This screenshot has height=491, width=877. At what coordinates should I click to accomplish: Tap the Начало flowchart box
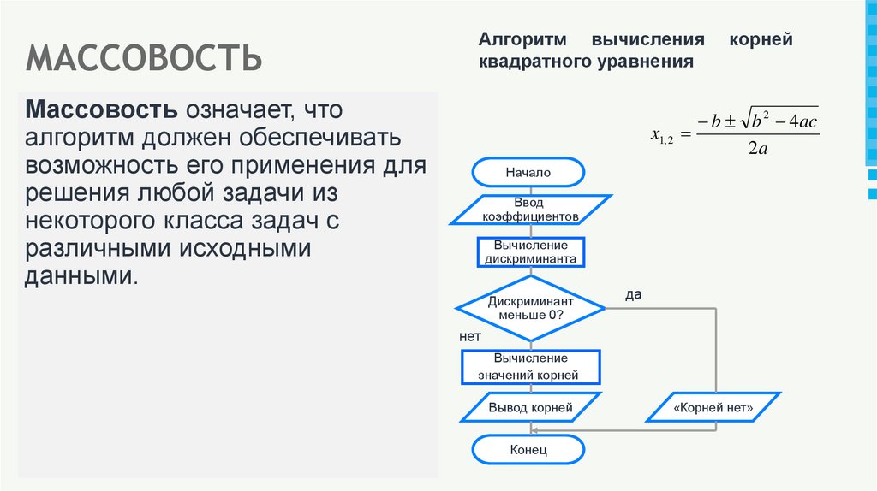point(528,172)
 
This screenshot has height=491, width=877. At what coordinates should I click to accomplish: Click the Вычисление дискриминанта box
point(528,251)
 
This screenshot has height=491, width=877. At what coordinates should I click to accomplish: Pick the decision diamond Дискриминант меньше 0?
point(530,309)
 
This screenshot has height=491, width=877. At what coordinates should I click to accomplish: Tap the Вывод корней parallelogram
point(530,408)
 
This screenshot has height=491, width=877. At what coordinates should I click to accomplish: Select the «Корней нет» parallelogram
point(713,408)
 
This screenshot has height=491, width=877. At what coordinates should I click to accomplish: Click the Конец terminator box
point(528,450)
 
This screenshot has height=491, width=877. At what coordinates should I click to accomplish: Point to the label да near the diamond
point(633,294)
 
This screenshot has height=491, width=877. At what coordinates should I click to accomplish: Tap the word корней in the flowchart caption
point(761,40)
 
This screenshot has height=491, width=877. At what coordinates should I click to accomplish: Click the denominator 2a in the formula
point(757,148)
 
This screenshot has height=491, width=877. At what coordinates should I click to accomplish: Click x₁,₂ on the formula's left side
point(662,134)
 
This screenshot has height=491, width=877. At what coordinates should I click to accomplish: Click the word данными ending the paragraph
point(81,277)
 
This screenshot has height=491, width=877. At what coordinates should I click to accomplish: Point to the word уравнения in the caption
point(651,62)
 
